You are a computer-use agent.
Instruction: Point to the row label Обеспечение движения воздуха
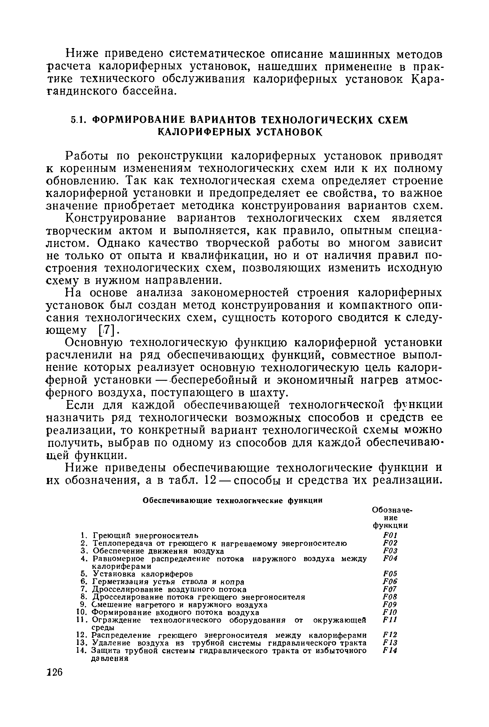[158, 551]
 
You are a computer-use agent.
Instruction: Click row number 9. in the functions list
[83, 605]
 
